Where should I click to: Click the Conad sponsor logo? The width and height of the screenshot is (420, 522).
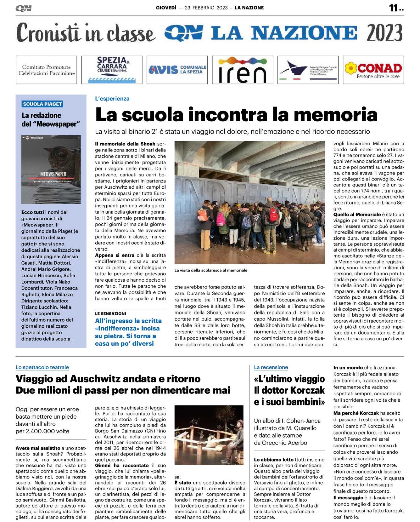click(x=373, y=70)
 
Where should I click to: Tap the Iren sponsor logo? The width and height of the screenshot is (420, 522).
click(x=242, y=70)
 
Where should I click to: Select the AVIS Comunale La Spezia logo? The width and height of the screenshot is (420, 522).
click(x=177, y=70)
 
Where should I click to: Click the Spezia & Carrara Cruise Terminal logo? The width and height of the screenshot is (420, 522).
click(x=112, y=70)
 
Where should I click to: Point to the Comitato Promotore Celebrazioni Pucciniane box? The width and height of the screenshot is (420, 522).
click(x=46, y=70)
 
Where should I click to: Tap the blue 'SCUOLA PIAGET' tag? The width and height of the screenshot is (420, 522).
click(x=42, y=104)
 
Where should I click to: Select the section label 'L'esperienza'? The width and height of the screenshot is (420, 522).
click(x=112, y=99)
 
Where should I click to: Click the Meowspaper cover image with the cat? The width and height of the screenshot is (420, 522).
click(x=51, y=169)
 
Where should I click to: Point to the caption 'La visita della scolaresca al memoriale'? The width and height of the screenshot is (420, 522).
click(x=211, y=270)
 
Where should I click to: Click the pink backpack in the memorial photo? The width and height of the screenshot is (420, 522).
click(x=221, y=219)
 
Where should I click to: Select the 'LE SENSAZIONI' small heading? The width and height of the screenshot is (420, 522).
click(x=110, y=314)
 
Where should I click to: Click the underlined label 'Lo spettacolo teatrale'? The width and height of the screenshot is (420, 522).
click(x=42, y=367)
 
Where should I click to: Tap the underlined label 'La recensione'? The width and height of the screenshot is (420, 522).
click(x=271, y=367)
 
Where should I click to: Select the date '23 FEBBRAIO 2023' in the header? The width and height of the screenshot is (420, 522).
click(x=206, y=8)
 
